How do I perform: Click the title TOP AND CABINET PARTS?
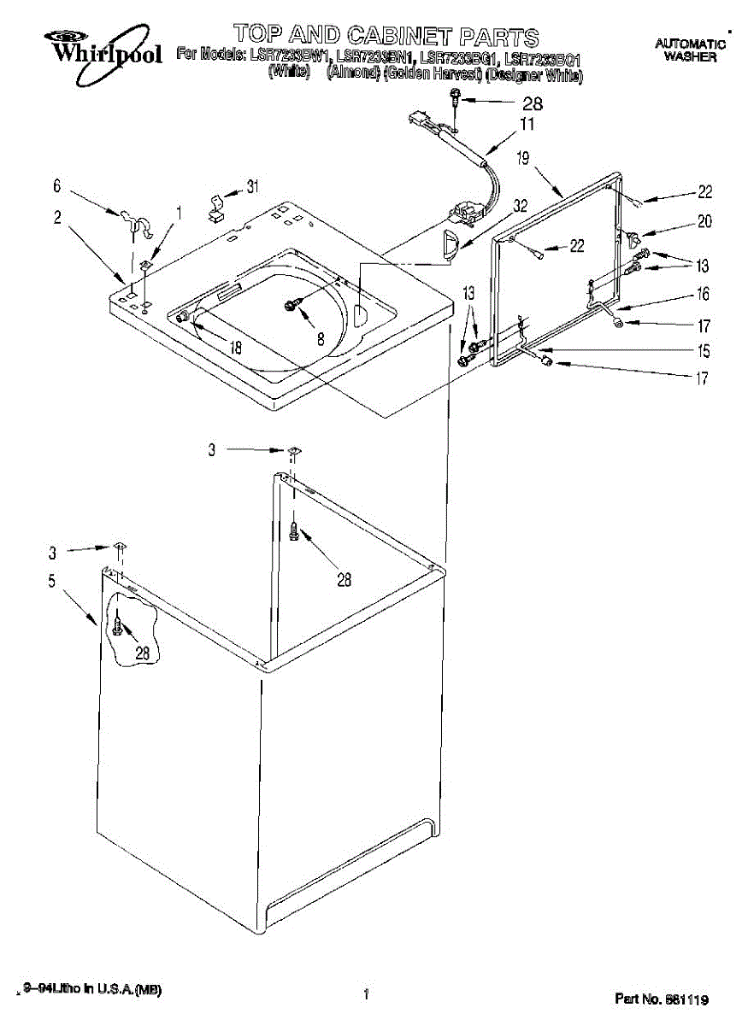point(386,36)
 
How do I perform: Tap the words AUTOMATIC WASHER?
point(690,50)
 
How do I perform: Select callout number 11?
point(527,125)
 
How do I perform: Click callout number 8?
point(321,338)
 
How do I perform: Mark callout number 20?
point(704,221)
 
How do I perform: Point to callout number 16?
point(703,295)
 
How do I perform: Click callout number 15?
point(703,350)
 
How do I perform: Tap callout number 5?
point(52,583)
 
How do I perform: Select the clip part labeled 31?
point(217,206)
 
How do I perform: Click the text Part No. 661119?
point(662,999)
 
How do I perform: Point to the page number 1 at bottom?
point(366,993)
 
